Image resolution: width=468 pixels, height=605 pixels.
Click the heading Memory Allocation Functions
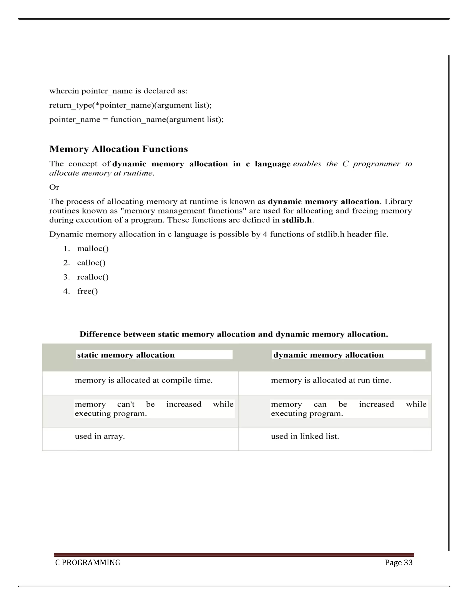point(118,149)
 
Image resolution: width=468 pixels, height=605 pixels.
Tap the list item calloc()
point(91,263)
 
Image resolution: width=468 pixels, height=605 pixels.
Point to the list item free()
point(87,291)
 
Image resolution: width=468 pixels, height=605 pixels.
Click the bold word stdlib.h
point(297,220)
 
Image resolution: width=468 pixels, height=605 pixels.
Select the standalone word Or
point(54,187)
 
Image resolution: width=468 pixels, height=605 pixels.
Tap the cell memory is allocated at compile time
point(144,380)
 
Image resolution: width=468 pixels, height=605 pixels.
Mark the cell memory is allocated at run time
point(331,380)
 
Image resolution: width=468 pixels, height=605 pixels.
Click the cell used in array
point(100,436)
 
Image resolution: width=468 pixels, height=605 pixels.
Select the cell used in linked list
point(305,436)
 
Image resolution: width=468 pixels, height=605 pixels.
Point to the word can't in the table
point(126,405)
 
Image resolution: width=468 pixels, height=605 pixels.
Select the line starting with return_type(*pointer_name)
point(130,105)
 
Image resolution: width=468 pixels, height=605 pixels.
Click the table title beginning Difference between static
point(234,334)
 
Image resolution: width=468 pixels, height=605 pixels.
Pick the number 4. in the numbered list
point(66,291)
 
